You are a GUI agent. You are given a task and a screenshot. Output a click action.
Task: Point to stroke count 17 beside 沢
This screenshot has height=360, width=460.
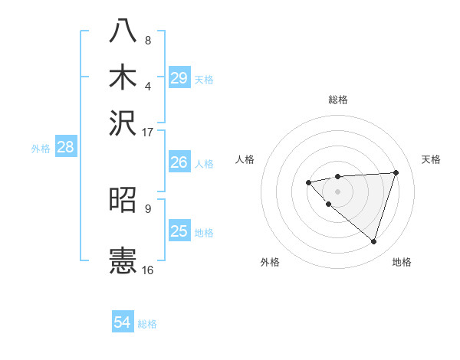[x=148, y=131]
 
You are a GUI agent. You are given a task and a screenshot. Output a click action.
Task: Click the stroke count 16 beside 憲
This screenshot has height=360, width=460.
[x=148, y=270]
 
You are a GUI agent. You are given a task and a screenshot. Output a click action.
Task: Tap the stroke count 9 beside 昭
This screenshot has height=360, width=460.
[x=148, y=208]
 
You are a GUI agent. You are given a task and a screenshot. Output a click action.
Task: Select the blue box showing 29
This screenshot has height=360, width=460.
[x=179, y=78]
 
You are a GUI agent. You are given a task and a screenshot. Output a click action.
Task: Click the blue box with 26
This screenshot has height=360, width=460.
[x=179, y=162]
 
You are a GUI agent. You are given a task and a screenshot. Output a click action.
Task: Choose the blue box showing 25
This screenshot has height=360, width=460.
[x=179, y=231]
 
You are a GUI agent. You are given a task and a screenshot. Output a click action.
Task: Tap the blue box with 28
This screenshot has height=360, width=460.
[x=65, y=148]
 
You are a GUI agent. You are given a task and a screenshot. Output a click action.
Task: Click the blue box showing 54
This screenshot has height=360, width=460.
[x=123, y=323]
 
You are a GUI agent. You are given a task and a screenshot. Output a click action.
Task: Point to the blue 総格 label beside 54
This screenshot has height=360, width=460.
[x=147, y=324]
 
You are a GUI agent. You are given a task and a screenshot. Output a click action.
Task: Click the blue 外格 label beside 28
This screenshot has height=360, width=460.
[x=41, y=149]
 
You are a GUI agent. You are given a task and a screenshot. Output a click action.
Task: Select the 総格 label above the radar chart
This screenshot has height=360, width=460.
[x=338, y=100]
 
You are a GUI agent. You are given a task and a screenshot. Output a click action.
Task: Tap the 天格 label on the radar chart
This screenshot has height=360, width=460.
[x=432, y=159]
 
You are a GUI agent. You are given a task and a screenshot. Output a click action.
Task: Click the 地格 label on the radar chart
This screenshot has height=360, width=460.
[x=402, y=262]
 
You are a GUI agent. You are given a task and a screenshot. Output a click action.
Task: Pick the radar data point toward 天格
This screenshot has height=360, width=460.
[x=396, y=172]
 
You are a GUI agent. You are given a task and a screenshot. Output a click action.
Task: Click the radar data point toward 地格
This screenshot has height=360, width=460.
[x=373, y=241]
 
